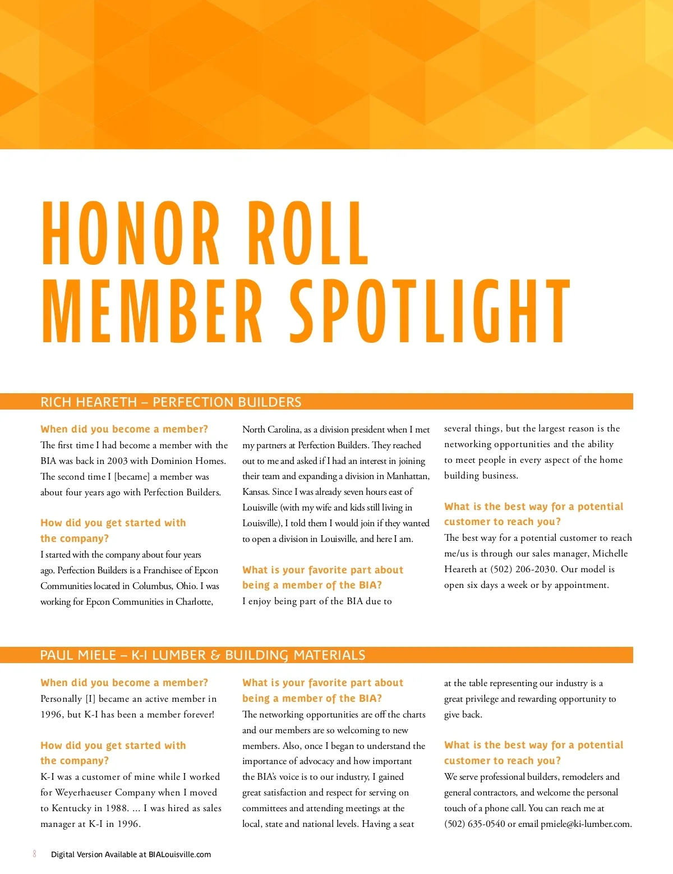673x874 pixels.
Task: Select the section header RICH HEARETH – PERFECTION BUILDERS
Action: tap(171, 402)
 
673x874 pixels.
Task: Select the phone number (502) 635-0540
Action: tap(474, 824)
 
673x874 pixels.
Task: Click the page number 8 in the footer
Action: tap(35, 854)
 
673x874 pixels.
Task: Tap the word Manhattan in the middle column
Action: tap(408, 476)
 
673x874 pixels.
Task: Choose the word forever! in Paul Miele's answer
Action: tap(196, 714)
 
